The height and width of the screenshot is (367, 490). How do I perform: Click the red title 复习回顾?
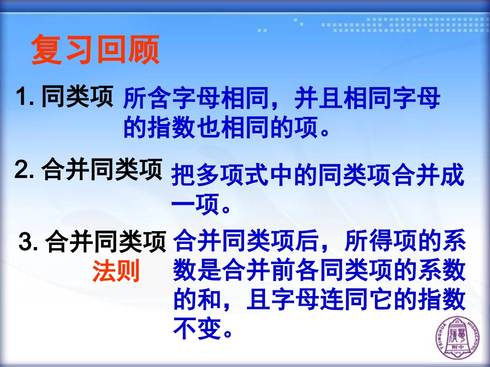(95, 50)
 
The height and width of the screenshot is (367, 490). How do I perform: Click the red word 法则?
(116, 272)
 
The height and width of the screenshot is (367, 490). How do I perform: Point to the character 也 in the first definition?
(209, 128)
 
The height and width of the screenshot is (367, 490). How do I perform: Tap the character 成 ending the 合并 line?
(453, 176)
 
